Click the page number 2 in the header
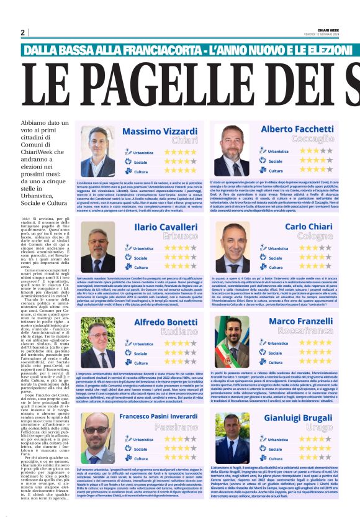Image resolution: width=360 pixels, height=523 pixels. (x=22, y=32)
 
